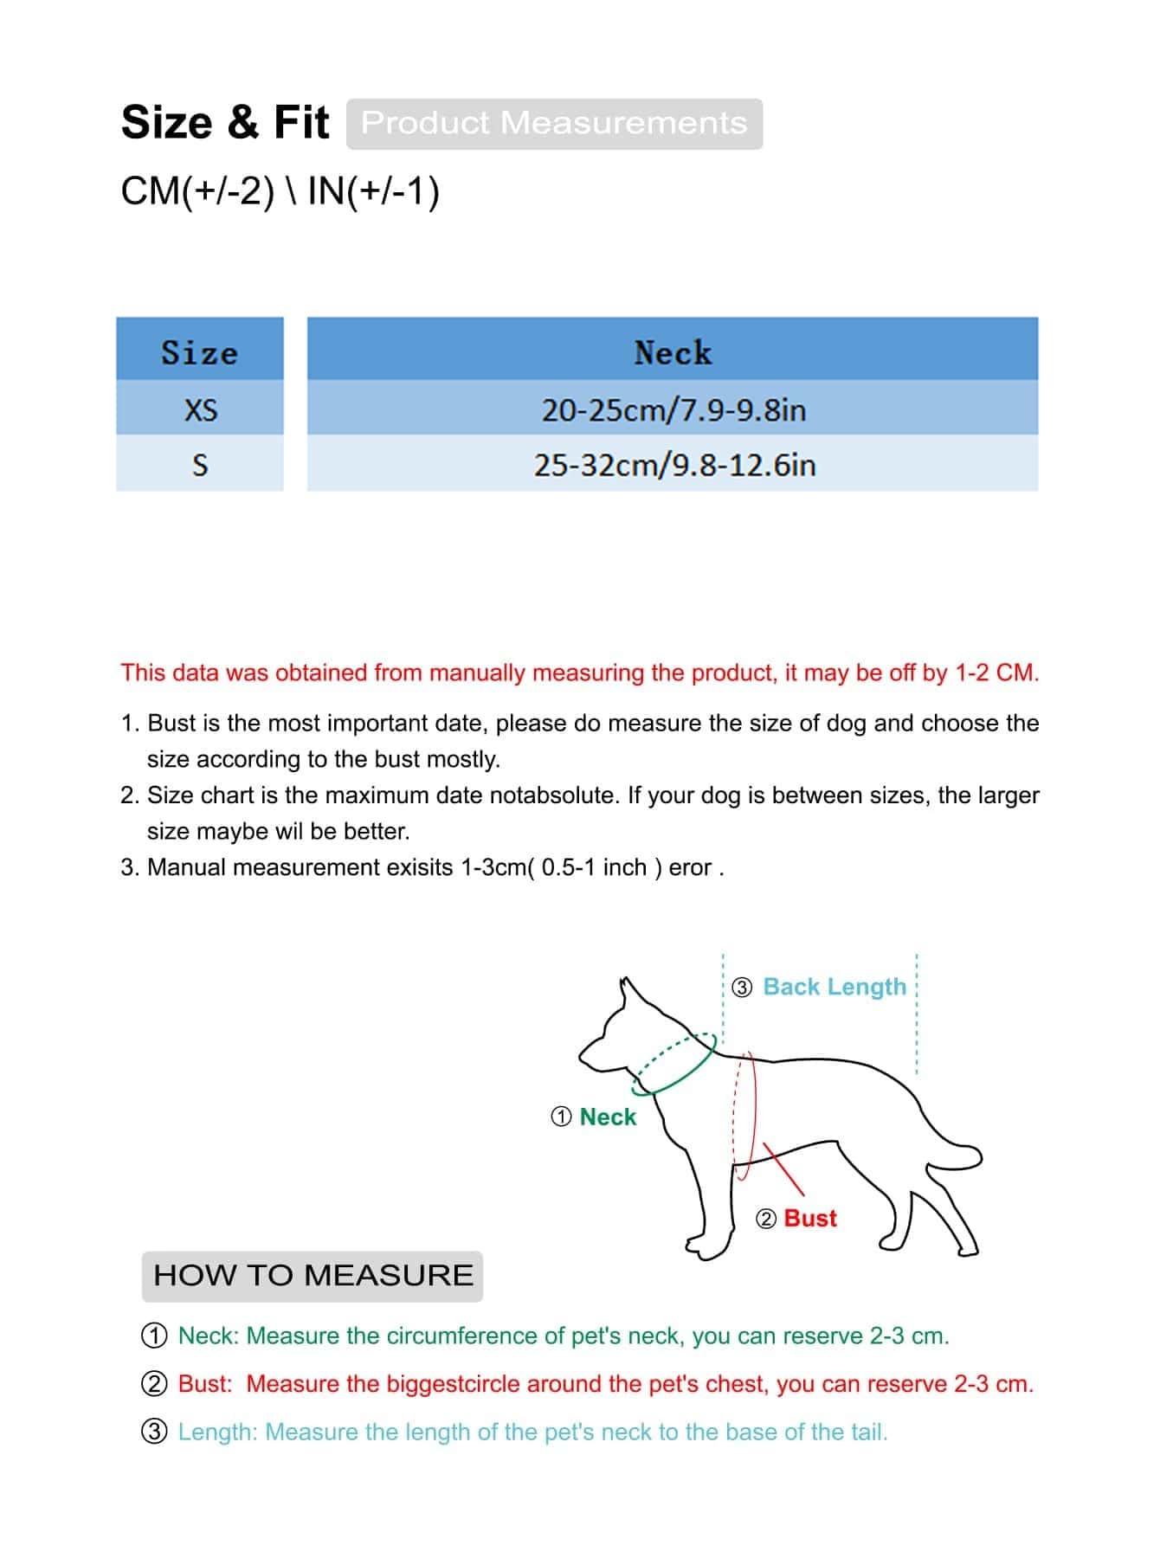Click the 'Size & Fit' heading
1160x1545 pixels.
tap(225, 122)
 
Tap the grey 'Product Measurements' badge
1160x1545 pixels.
tap(554, 123)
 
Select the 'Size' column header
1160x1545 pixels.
tap(199, 351)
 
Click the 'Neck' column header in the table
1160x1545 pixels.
tap(673, 351)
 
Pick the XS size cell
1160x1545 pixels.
tap(200, 409)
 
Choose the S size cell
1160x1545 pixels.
tap(200, 465)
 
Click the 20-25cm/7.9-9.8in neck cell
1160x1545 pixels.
tap(673, 409)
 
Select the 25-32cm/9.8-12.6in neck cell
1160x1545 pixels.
tap(673, 465)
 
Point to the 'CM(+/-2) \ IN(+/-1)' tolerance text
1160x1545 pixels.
tap(280, 190)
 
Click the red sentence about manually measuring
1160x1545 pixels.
tap(579, 673)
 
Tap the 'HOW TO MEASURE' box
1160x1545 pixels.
tap(313, 1275)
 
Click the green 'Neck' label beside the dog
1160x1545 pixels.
tap(608, 1117)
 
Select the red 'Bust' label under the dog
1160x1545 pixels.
tap(810, 1218)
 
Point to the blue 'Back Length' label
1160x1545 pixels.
tap(835, 987)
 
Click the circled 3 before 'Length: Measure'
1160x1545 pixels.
tap(154, 1432)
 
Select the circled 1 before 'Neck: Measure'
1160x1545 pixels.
tap(154, 1336)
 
